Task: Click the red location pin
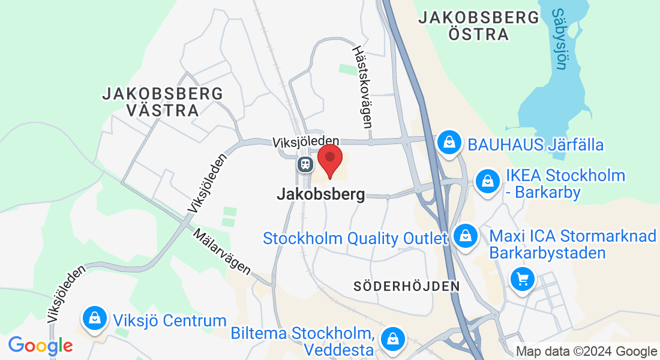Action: tap(329, 158)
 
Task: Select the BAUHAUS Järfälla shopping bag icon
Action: tap(449, 143)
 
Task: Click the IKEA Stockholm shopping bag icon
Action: tap(488, 181)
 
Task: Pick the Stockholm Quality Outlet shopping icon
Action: tap(465, 235)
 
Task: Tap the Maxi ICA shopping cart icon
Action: tap(522, 279)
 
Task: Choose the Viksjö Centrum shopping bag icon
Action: tap(95, 318)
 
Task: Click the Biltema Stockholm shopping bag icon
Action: tap(392, 338)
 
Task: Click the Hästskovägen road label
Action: tap(362, 88)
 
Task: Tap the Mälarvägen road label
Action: tap(222, 251)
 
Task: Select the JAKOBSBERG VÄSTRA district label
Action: tap(162, 102)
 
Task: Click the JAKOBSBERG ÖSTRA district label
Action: tap(479, 25)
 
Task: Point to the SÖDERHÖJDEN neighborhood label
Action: tap(407, 286)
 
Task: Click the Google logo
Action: tap(40, 346)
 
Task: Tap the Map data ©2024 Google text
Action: tap(586, 352)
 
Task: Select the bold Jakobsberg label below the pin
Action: tap(321, 194)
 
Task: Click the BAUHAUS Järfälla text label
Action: tap(535, 145)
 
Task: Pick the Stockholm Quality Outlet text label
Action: tap(355, 238)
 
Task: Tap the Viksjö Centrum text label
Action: tap(169, 320)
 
